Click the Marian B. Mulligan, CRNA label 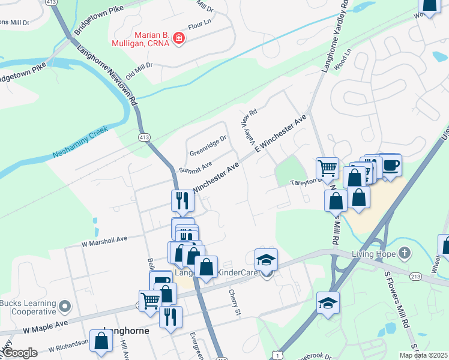pos(140,39)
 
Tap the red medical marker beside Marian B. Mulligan pos(178,40)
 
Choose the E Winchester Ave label pos(281,133)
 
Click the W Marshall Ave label pos(104,239)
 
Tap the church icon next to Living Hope pos(405,253)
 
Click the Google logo pos(19,353)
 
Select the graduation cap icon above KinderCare pos(266,260)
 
